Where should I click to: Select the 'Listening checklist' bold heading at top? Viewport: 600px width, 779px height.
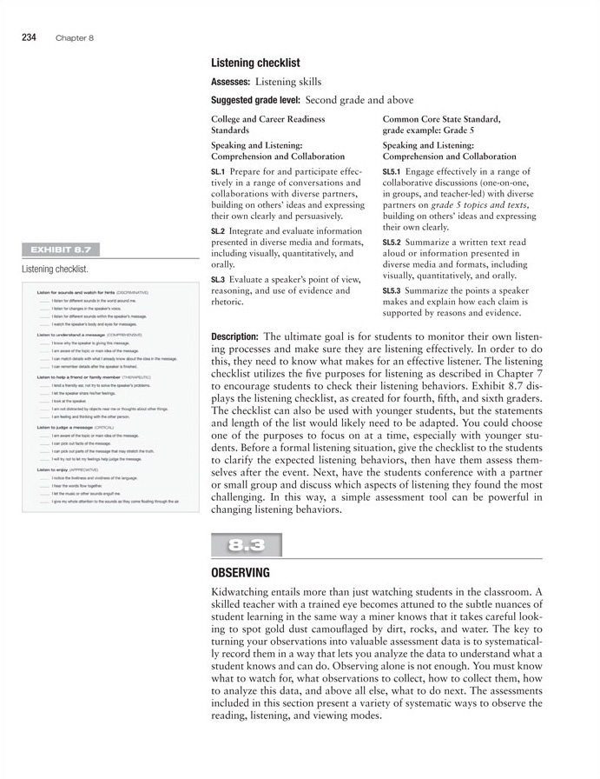tap(255, 63)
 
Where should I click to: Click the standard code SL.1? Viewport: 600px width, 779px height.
tap(218, 172)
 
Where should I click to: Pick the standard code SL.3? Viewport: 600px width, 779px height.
tap(218, 278)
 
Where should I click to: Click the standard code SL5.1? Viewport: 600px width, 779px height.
tap(392, 172)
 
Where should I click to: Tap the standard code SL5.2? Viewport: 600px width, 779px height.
tap(392, 242)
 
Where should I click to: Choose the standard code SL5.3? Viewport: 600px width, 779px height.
tap(392, 290)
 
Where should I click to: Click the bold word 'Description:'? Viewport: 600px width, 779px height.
tap(234, 336)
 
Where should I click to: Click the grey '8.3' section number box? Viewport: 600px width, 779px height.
tap(247, 545)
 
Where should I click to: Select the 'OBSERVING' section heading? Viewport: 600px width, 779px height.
tap(241, 573)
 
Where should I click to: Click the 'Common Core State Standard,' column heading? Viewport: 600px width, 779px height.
tap(441, 119)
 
